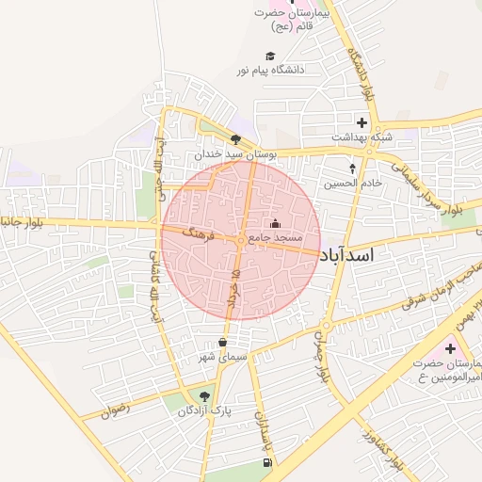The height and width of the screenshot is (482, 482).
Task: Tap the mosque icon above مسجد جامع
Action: click(x=275, y=224)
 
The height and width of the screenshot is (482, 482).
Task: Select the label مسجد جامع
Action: click(x=275, y=238)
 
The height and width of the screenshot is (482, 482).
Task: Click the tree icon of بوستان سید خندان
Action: click(x=235, y=140)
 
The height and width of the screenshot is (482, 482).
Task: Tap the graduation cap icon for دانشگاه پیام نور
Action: click(x=270, y=56)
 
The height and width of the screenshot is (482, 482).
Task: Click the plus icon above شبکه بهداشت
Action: click(x=361, y=122)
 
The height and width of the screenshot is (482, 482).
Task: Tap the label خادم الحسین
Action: click(x=354, y=183)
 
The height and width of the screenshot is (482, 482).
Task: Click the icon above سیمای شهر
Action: click(x=222, y=343)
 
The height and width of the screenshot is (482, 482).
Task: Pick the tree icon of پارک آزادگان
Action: click(x=205, y=396)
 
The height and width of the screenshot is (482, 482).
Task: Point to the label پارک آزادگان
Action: click(x=204, y=410)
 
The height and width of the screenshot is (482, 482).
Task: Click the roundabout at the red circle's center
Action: click(x=241, y=241)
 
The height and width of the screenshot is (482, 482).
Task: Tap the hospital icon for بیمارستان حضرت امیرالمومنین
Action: click(x=450, y=349)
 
